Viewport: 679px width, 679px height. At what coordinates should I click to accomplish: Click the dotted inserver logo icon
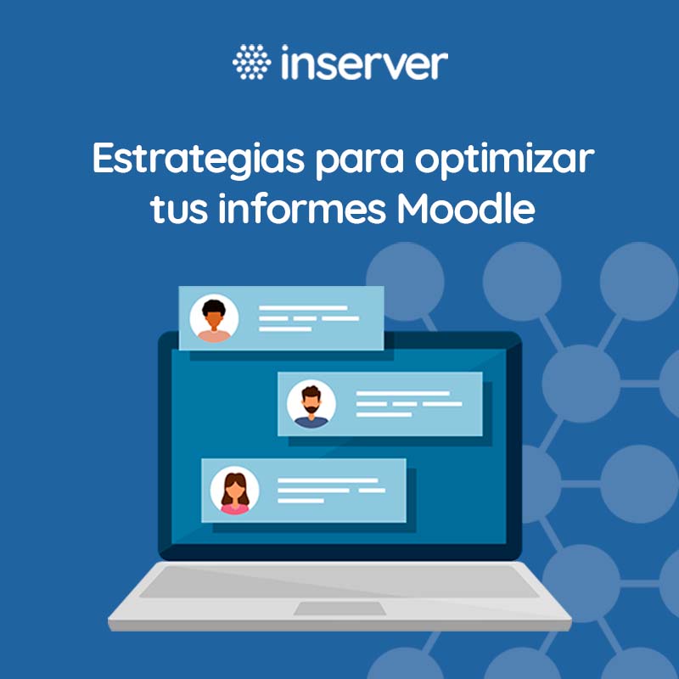coord(250,62)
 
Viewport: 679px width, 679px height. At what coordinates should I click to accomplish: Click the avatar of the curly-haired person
coord(214,318)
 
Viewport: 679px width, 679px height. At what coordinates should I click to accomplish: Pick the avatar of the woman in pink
coord(235,491)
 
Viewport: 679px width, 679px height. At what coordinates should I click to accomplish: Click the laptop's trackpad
coord(339,608)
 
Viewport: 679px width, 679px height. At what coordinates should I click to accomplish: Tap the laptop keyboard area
coord(339,581)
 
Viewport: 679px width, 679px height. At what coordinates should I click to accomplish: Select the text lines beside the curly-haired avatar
coord(308,318)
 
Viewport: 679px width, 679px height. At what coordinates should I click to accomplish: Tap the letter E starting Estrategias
coord(103,160)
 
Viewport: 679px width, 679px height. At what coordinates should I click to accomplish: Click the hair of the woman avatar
coord(235,480)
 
